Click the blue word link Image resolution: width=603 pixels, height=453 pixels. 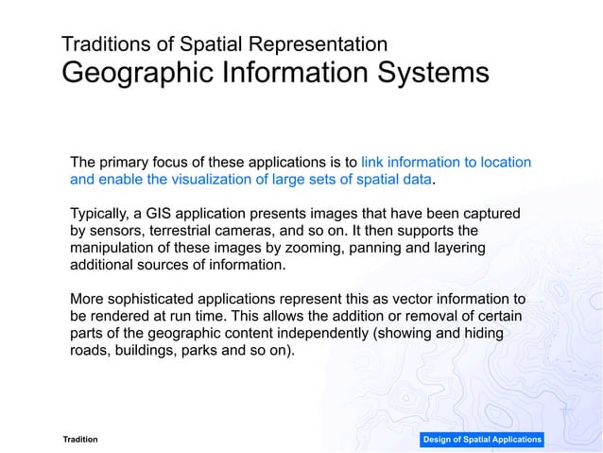coord(373,162)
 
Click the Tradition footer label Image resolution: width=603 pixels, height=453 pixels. coord(79,440)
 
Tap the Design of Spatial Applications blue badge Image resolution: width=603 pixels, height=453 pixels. coord(482,440)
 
